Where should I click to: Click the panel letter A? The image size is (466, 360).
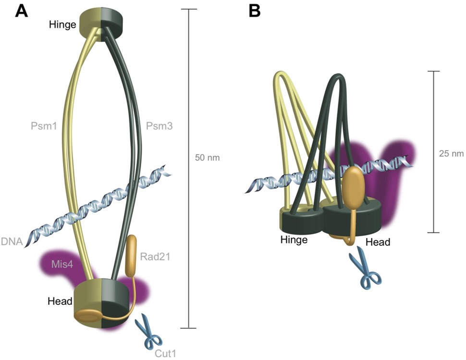(21, 11)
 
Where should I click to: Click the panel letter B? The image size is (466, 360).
(255, 11)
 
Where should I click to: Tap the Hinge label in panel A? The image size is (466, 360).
(62, 24)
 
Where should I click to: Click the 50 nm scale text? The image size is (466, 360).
(208, 157)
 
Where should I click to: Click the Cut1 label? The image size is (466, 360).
(166, 354)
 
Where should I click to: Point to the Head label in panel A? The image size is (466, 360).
(60, 301)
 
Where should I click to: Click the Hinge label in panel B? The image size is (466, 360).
(294, 240)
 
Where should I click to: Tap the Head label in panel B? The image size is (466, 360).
(378, 242)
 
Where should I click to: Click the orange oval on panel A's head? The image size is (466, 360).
(89, 315)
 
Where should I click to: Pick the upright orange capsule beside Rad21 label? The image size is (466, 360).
(132, 256)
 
